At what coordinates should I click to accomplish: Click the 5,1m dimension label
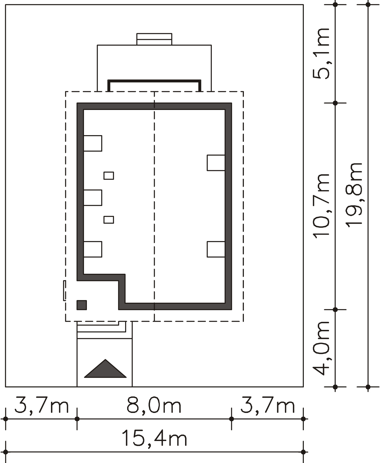coord(321,54)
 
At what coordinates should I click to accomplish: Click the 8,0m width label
coord(154,405)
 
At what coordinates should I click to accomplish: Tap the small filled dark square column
coord(82,305)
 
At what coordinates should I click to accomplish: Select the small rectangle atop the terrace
coord(154,39)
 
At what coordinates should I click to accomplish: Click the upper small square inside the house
coord(109,176)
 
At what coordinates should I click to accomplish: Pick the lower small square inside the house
coord(109,220)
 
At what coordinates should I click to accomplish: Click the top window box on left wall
coord(93,143)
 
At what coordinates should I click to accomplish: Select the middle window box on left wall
coord(93,198)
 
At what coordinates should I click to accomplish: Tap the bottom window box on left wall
coord(93,249)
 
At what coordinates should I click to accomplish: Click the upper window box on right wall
coord(216,163)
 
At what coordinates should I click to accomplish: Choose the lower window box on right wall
coord(216,249)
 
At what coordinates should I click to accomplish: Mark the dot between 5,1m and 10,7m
coord(335,103)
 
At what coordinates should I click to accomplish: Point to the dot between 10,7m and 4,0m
coord(335,310)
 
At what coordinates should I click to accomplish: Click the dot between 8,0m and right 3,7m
coord(231,419)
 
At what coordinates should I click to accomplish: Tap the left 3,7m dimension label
coord(42,405)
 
